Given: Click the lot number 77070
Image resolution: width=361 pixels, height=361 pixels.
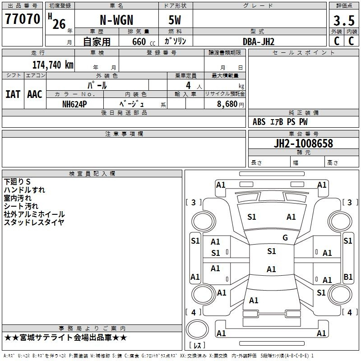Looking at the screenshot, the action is pos(23,19).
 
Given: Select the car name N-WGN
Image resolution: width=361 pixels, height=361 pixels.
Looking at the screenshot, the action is pos(116,20).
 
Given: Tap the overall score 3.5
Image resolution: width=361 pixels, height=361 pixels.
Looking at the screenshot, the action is pos(344,21).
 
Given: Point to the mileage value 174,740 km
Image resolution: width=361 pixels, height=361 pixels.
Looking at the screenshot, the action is pos(53,65).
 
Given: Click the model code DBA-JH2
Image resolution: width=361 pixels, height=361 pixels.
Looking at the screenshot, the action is pos(259,42).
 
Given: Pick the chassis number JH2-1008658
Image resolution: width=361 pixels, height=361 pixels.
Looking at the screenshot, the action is pos(303,143).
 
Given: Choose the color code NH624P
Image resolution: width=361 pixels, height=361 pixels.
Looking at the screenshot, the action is pos(74,104).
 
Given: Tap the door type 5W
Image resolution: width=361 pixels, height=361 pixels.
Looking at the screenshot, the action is pos(175,20).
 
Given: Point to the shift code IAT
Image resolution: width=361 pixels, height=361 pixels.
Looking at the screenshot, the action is pos(13,94).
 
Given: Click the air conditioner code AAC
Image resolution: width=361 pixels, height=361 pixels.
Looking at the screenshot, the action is pos(35,94).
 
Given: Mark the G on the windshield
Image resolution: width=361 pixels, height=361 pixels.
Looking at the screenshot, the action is pos(285,238).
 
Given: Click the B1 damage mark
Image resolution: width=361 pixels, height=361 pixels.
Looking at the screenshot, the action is pos(348,277).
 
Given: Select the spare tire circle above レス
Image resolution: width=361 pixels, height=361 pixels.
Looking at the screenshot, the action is pos(197,329).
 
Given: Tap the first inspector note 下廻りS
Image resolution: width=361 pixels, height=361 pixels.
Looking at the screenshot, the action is pos(17,182).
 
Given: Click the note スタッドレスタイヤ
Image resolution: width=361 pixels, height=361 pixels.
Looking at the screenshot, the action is pos(34,222).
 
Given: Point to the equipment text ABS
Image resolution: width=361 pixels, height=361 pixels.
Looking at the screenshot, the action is pos(259,122).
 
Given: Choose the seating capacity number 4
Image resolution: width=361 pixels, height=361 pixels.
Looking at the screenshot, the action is pos(188,85).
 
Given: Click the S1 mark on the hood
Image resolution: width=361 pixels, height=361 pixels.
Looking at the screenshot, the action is pos(252,217).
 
